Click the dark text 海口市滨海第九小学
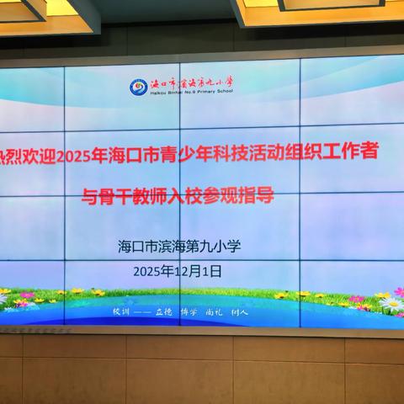click(180, 247)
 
